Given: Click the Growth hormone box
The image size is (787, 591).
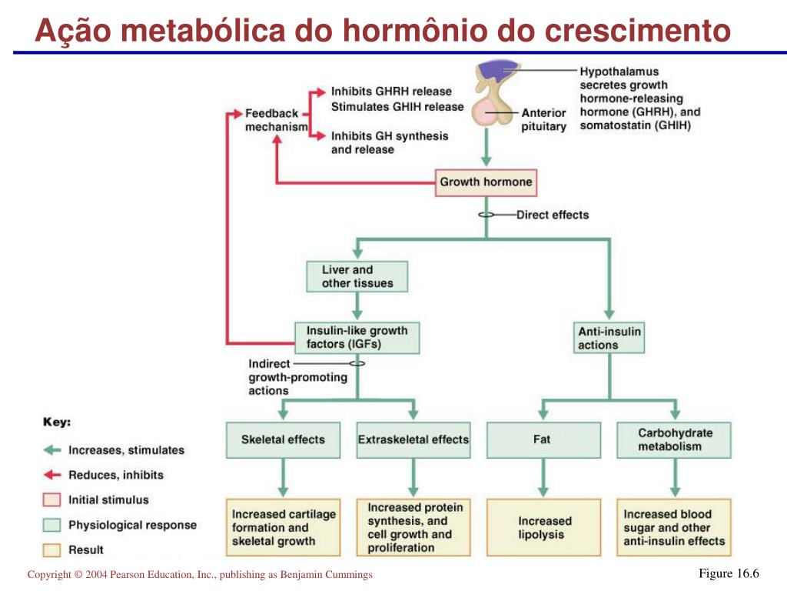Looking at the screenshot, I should [485, 182].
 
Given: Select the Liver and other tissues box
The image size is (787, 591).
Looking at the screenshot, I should [357, 276].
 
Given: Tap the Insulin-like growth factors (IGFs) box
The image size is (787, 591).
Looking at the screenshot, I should [357, 337].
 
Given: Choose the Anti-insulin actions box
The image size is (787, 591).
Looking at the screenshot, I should [609, 338].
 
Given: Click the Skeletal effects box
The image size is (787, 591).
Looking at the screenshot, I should [283, 439].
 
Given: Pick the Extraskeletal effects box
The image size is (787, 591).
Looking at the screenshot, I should [413, 439].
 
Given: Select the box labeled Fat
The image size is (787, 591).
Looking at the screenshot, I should [542, 439].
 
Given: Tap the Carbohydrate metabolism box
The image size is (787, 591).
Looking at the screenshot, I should [674, 439].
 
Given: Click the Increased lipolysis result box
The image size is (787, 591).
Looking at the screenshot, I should [545, 528].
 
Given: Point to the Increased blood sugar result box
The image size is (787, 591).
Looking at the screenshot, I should [674, 528].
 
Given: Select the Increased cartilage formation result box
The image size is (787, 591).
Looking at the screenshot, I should [283, 528].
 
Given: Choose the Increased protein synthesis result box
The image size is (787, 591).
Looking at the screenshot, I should [413, 528].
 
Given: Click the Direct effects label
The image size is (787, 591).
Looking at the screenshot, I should [552, 215].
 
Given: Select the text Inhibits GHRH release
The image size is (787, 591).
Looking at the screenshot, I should [391, 92].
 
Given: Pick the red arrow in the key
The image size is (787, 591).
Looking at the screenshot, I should [51, 475].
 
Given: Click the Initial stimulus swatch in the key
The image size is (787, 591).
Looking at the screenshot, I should [51, 500].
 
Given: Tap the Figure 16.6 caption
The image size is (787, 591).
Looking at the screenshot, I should [728, 574].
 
